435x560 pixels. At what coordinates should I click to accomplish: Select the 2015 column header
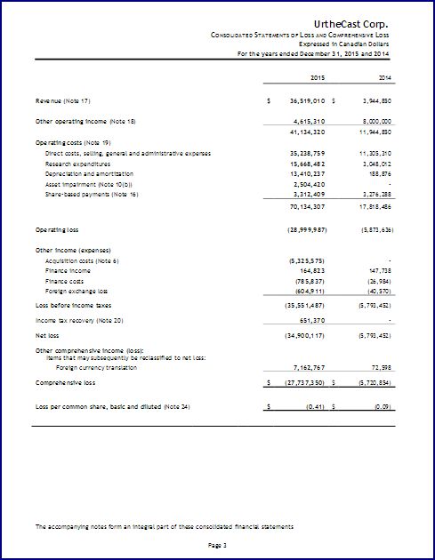318,79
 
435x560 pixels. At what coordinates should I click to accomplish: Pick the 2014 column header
386,79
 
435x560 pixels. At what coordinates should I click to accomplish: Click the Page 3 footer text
218,544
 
